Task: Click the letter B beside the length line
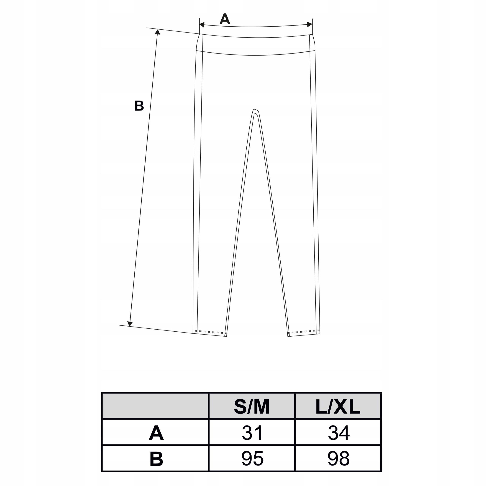(x=139, y=106)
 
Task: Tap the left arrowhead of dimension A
(x=202, y=24)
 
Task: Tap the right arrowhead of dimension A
(x=310, y=24)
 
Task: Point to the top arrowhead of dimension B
(x=157, y=32)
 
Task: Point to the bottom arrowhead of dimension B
(x=130, y=324)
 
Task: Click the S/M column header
(x=252, y=407)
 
